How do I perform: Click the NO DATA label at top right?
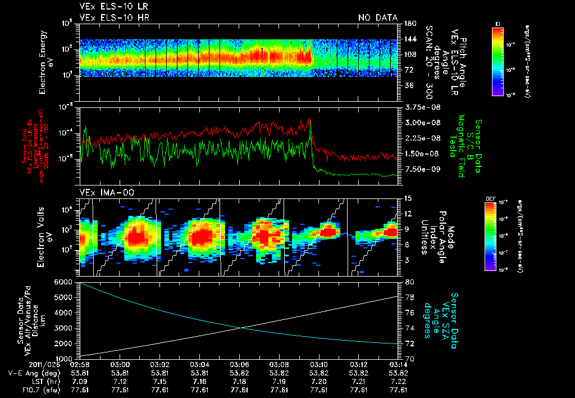coord(378,17)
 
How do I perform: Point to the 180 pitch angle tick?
coord(409,24)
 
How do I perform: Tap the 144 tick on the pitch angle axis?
coord(409,39)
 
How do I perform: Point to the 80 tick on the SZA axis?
coord(408,282)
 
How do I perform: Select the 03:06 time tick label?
coord(240,364)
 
